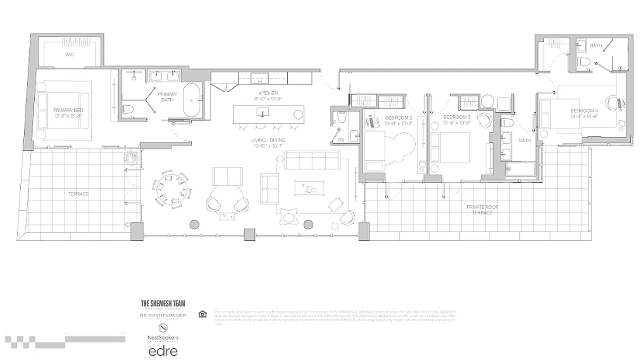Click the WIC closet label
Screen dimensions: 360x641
[69, 54]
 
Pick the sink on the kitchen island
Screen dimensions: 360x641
[261, 111]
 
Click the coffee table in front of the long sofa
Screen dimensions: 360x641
[308, 188]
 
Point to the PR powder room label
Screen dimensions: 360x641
[341, 140]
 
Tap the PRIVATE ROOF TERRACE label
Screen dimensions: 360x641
[482, 210]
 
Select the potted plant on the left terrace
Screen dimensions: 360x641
[131, 157]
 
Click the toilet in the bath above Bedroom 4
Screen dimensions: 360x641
[583, 62]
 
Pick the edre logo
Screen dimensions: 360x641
[163, 351]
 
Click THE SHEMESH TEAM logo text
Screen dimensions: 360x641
[163, 304]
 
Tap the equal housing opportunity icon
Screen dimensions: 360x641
[202, 314]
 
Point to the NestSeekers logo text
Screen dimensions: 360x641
[163, 337]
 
